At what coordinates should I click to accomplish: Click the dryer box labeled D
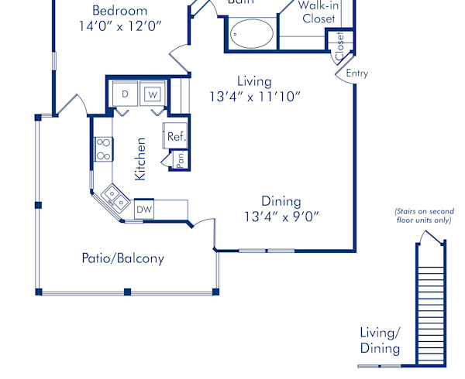pyautogui.click(x=125, y=94)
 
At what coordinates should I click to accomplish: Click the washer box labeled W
pyautogui.click(x=153, y=94)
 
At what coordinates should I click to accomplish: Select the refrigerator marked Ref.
pyautogui.click(x=176, y=136)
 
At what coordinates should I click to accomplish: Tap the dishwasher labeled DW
pyautogui.click(x=144, y=209)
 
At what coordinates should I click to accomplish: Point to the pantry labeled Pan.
pyautogui.click(x=179, y=159)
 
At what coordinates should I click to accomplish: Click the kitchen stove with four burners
pyautogui.click(x=103, y=149)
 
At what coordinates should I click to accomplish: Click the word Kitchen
pyautogui.click(x=140, y=159)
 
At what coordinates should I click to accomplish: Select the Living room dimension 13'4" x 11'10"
pyautogui.click(x=254, y=96)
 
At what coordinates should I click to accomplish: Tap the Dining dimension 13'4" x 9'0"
pyautogui.click(x=280, y=216)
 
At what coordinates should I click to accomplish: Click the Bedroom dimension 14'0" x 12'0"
pyautogui.click(x=119, y=26)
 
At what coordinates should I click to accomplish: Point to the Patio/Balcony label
pyautogui.click(x=123, y=258)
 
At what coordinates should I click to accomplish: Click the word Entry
pyautogui.click(x=357, y=74)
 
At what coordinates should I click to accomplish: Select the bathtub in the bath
pyautogui.click(x=250, y=33)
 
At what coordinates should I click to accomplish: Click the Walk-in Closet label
pyautogui.click(x=318, y=12)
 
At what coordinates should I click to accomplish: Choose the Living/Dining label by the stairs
pyautogui.click(x=380, y=340)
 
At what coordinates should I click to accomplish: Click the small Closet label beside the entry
pyautogui.click(x=339, y=45)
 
